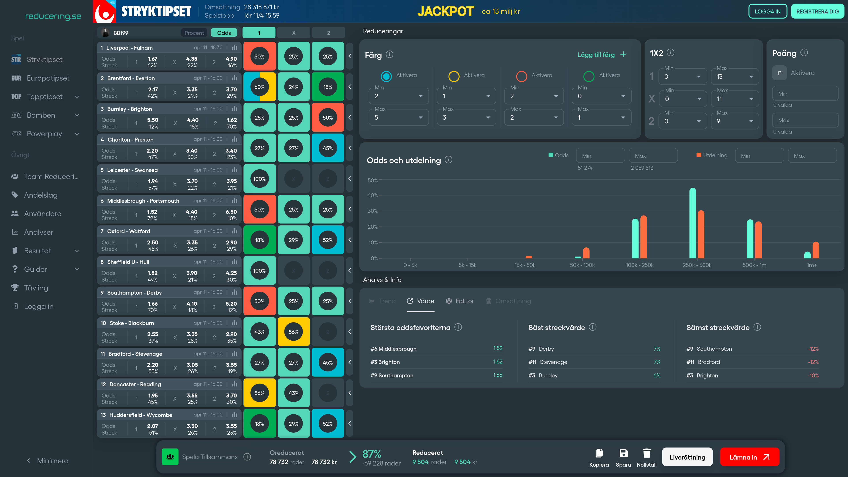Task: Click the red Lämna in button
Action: [749, 457]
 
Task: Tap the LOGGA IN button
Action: [767, 11]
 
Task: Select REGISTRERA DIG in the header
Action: [817, 11]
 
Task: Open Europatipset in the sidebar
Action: [48, 78]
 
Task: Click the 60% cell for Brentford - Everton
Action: [259, 87]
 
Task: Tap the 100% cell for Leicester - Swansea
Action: [259, 179]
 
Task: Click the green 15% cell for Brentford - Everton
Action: [327, 87]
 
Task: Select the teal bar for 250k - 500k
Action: [693, 223]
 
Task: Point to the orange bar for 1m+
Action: [816, 250]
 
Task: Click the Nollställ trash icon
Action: [647, 454]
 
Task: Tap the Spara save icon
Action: [623, 453]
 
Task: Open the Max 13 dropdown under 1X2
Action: [735, 77]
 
